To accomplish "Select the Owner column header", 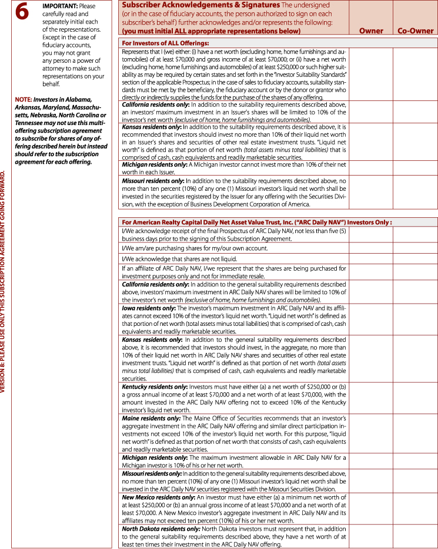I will (370, 31).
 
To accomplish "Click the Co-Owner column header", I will (416, 31).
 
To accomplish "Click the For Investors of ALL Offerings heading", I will (165, 43).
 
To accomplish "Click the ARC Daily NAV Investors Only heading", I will (256, 222).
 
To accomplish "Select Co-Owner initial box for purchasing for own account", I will (416, 248).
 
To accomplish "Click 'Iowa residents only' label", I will (148, 308).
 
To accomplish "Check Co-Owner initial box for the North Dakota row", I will (416, 535).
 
